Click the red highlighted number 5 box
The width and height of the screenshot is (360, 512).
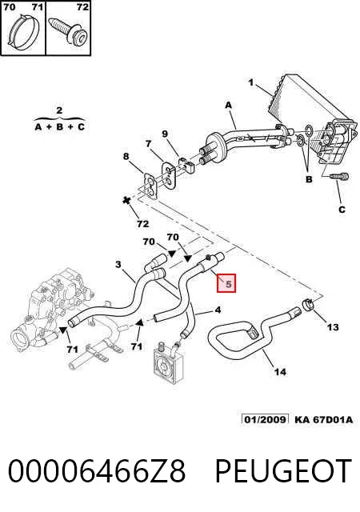226,283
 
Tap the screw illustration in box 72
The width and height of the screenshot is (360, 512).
68,30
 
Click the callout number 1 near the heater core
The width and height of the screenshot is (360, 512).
251,82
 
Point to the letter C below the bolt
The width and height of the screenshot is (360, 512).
342,210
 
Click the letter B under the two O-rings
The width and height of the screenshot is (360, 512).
309,179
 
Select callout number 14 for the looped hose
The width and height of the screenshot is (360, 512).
280,371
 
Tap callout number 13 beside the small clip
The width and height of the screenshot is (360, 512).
333,327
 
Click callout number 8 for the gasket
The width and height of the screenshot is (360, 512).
126,157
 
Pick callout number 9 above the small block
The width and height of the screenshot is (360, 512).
165,134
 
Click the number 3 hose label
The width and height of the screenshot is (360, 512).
118,264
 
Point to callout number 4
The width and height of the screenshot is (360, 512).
218,310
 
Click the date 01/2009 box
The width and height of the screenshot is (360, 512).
266,419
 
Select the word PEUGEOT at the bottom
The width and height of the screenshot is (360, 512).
283,470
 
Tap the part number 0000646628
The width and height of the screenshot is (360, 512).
96,470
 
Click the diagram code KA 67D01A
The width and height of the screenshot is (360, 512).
323,419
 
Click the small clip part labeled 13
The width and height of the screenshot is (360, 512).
308,304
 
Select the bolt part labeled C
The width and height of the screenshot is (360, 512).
338,177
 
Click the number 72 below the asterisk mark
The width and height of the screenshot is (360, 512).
142,224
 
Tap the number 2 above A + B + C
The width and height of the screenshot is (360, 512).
59,110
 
